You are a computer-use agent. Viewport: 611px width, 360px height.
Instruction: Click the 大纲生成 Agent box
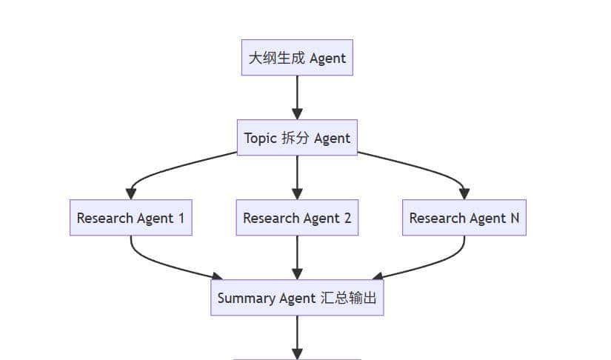click(x=297, y=58)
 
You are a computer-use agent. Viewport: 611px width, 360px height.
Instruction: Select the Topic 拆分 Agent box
click(x=297, y=138)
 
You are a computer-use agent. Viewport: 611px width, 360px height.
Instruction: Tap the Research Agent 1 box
click(x=131, y=218)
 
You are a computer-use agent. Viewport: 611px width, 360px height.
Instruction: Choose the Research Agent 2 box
click(x=297, y=218)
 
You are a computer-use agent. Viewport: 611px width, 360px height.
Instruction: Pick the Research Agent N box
click(x=464, y=218)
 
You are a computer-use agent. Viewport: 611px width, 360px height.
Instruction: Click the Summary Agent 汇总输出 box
click(x=297, y=298)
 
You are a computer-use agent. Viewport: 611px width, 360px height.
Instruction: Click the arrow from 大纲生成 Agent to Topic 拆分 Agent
click(x=297, y=96)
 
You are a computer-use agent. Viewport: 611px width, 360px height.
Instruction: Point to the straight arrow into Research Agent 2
click(x=297, y=178)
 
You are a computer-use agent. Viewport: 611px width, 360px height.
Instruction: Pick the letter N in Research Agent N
click(x=514, y=218)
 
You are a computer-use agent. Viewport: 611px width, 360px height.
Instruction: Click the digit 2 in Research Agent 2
click(x=347, y=218)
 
